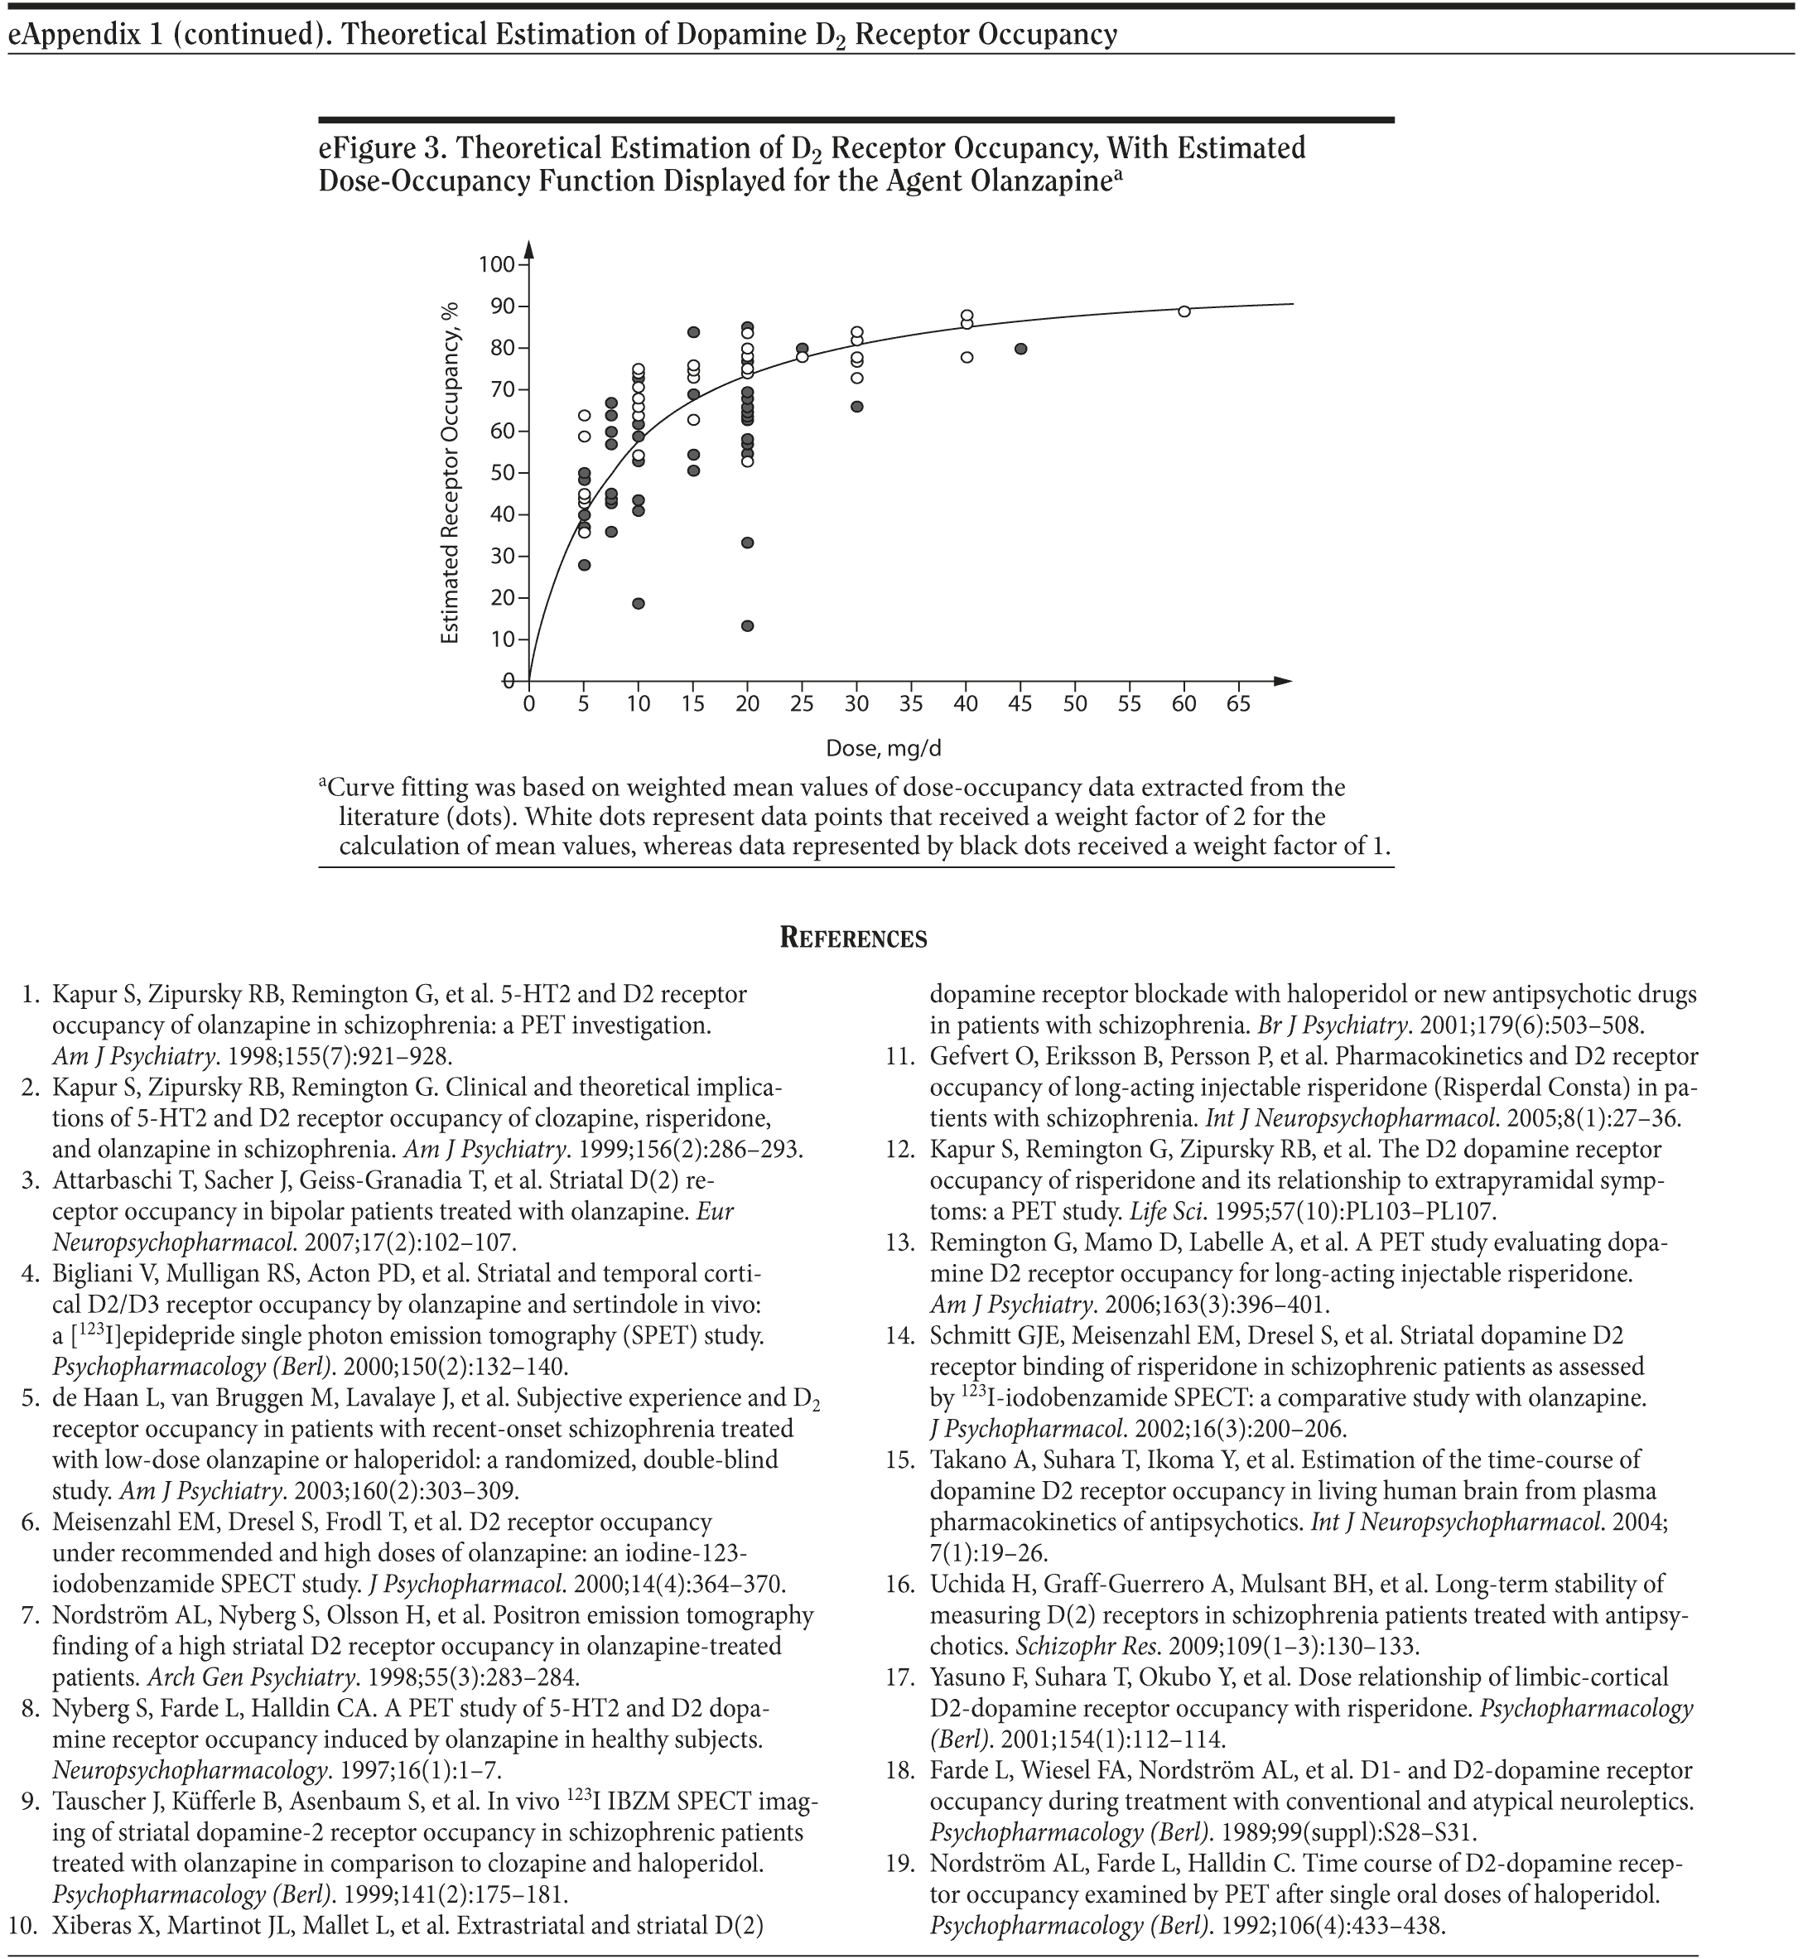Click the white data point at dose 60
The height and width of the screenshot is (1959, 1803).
tap(1184, 311)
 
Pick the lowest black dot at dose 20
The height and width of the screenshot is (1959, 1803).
tap(747, 625)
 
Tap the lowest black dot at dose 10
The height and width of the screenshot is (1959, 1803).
tap(638, 603)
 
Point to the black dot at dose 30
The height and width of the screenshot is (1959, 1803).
tap(856, 406)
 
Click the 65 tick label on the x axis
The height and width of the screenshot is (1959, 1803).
tap(1238, 703)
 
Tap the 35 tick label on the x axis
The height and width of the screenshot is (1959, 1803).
tap(911, 703)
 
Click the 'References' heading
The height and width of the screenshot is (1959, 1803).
tap(854, 938)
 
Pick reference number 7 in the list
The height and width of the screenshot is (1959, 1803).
tap(29, 1615)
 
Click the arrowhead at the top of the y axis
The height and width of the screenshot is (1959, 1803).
tap(528, 248)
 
